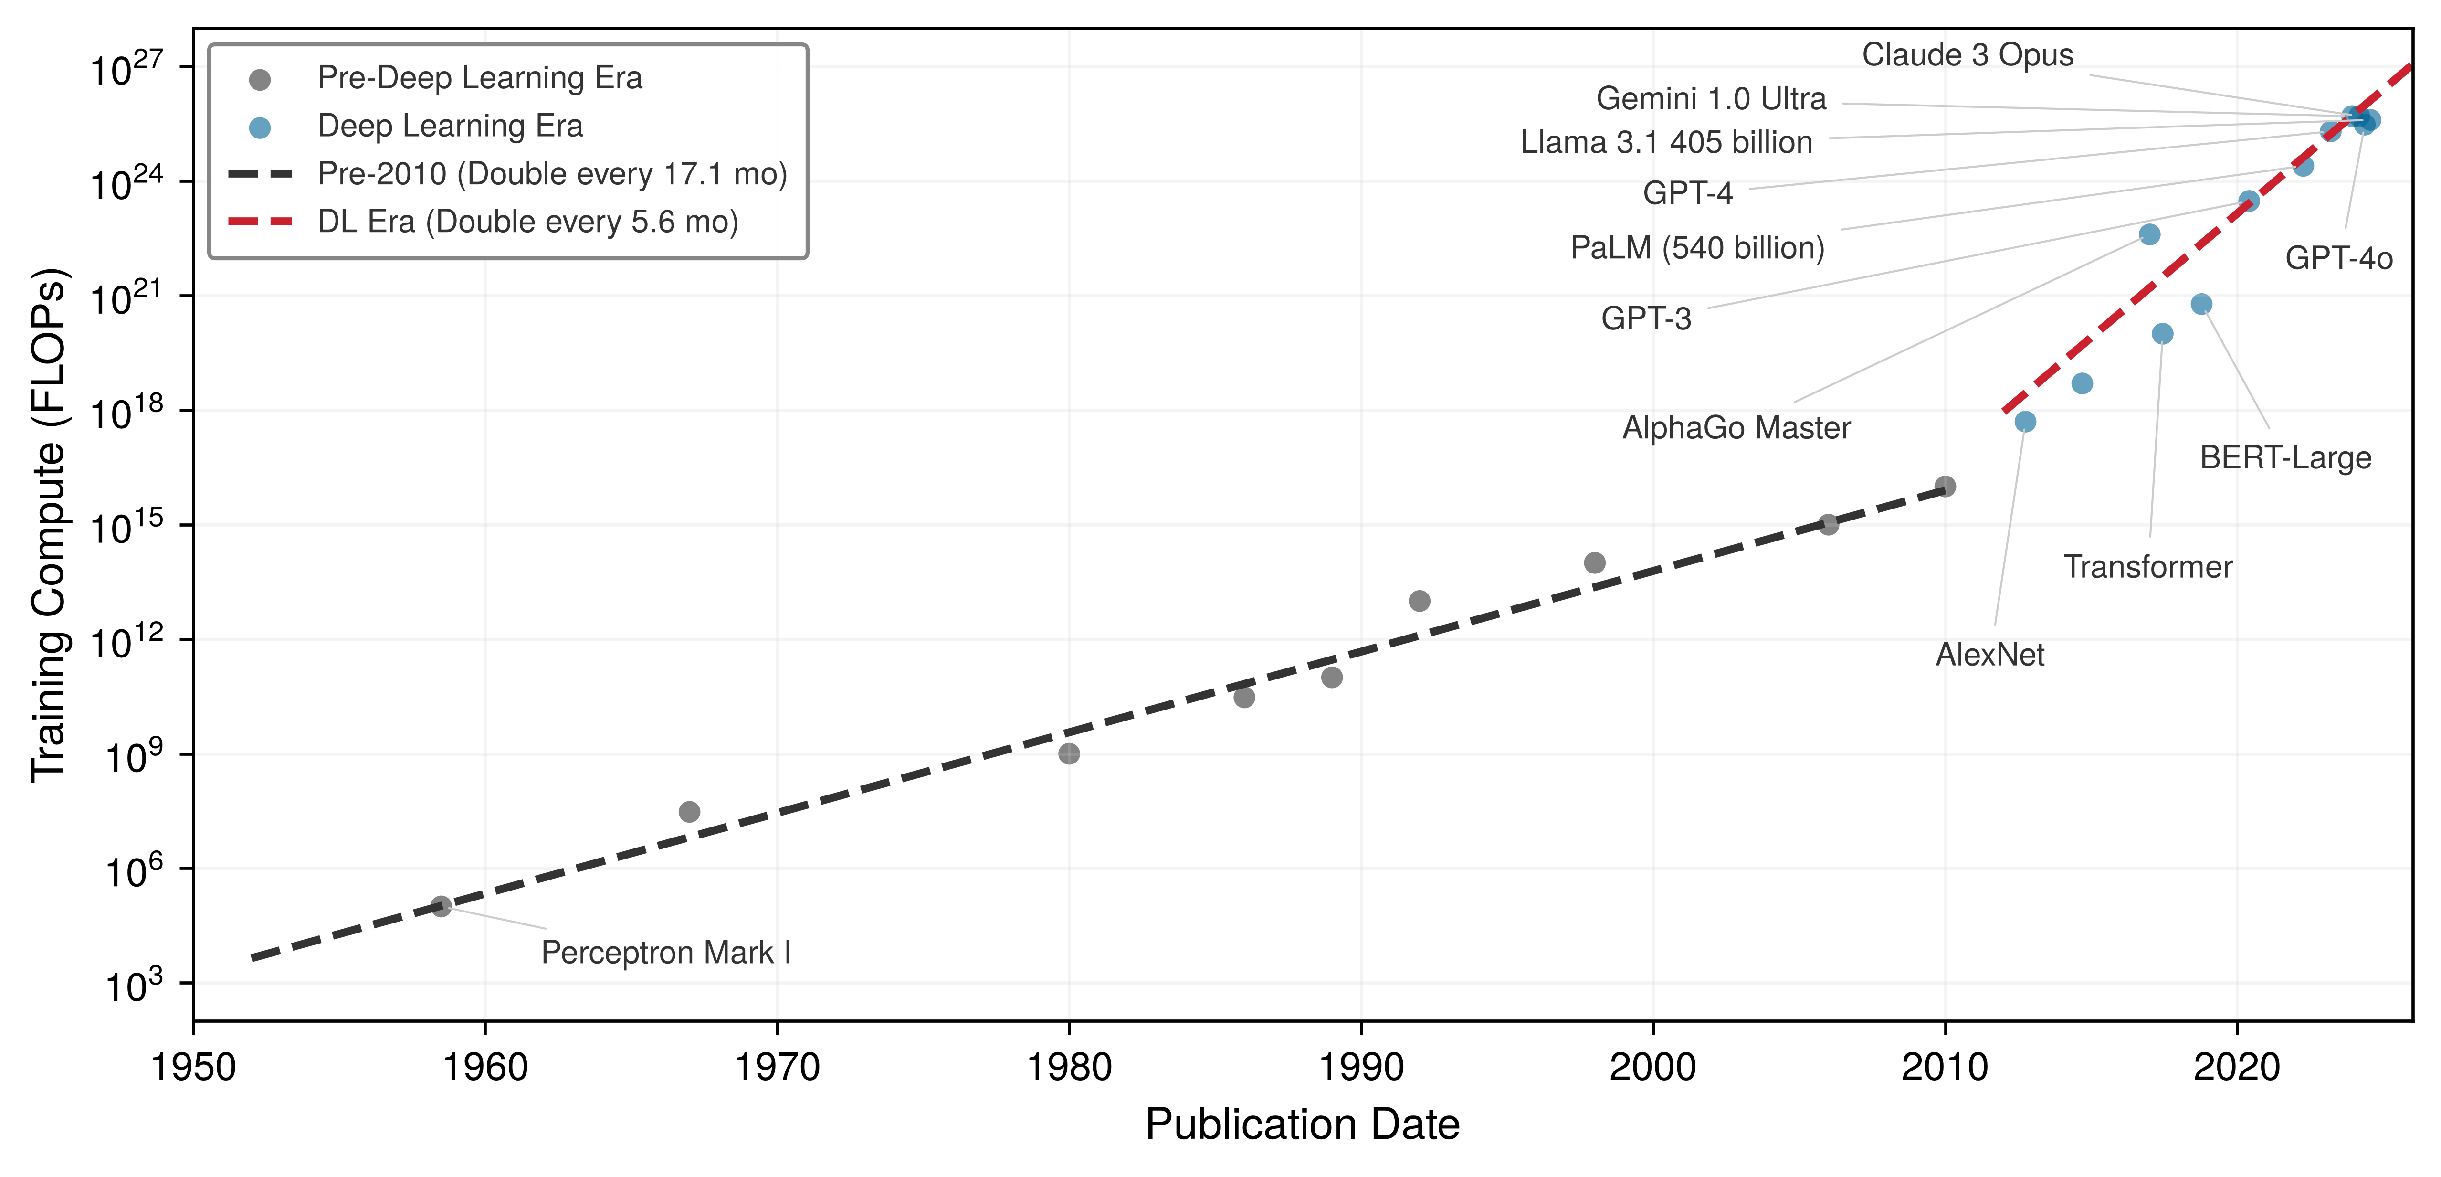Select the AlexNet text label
1990,655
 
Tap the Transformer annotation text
2148,567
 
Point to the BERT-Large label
2285,458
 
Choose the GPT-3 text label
1646,318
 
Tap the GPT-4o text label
2339,258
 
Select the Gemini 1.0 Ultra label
1710,98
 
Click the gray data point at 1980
1069,753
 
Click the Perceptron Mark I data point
441,906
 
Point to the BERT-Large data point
2201,303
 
